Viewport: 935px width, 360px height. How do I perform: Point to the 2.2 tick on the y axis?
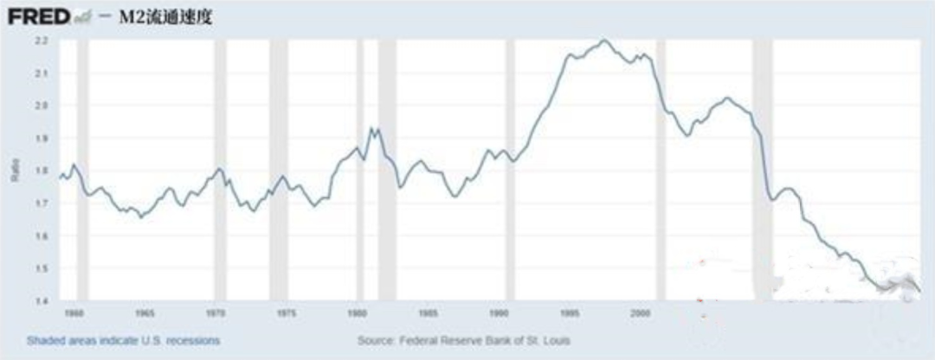[x=42, y=41]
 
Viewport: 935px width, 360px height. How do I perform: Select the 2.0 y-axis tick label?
[x=42, y=106]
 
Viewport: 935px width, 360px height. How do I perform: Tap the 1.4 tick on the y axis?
[x=42, y=300]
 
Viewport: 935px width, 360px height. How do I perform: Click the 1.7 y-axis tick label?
[x=42, y=203]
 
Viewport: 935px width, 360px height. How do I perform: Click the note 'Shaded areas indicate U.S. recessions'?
[x=123, y=340]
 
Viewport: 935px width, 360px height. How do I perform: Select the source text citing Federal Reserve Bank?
[x=464, y=340]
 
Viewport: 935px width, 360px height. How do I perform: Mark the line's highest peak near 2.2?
[x=604, y=40]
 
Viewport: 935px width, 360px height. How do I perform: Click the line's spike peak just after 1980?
[x=372, y=128]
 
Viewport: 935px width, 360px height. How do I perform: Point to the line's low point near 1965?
[x=140, y=216]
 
